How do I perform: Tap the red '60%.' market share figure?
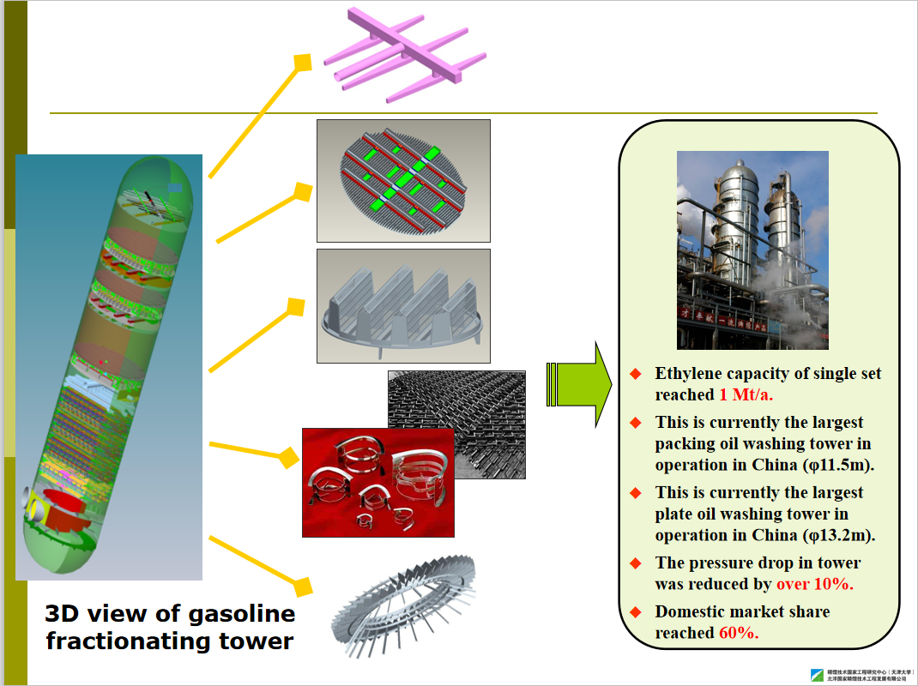(x=739, y=633)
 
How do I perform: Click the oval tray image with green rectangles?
(x=403, y=180)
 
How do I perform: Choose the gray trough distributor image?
(x=403, y=305)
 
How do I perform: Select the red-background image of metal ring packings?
(x=377, y=482)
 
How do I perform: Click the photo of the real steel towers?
(x=752, y=250)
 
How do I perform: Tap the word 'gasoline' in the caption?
(x=233, y=614)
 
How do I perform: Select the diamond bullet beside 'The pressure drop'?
(x=636, y=563)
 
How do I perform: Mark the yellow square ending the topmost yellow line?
(x=302, y=63)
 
